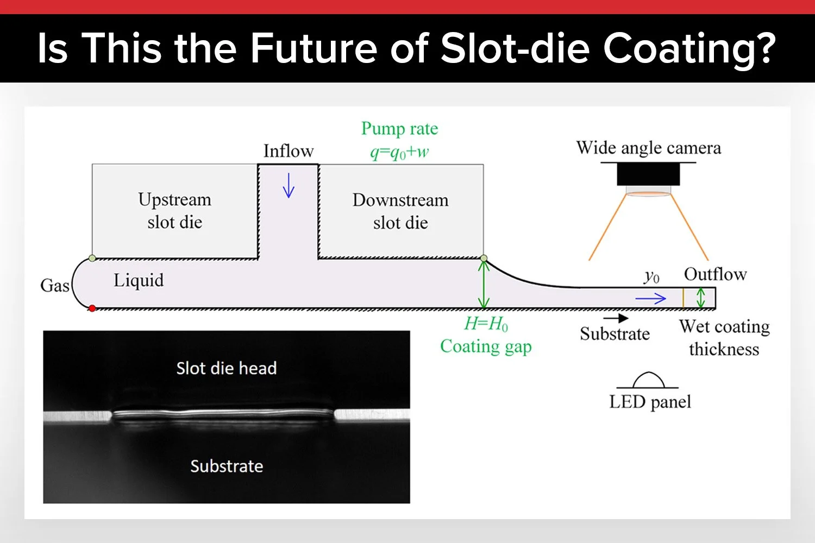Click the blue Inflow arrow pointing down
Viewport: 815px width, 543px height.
click(289, 186)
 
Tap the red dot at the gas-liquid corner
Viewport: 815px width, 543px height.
click(92, 308)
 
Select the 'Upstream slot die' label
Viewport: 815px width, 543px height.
click(174, 211)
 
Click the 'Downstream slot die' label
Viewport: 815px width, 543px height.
click(400, 211)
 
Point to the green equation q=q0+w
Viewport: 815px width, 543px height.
click(399, 153)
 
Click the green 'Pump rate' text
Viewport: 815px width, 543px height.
click(399, 129)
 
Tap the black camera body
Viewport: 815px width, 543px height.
click(649, 174)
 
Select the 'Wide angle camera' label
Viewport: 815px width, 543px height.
click(649, 148)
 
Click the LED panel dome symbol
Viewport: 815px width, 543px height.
click(649, 380)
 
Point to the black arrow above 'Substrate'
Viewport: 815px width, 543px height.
click(616, 318)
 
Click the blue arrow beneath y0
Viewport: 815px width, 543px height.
click(650, 298)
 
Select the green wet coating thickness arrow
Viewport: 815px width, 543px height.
click(701, 298)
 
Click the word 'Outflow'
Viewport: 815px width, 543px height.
click(715, 274)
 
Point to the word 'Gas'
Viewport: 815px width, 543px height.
click(55, 286)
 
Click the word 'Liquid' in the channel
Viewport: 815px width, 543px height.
click(139, 281)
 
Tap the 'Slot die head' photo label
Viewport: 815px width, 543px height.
click(227, 369)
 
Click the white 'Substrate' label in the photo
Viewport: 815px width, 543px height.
click(227, 466)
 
